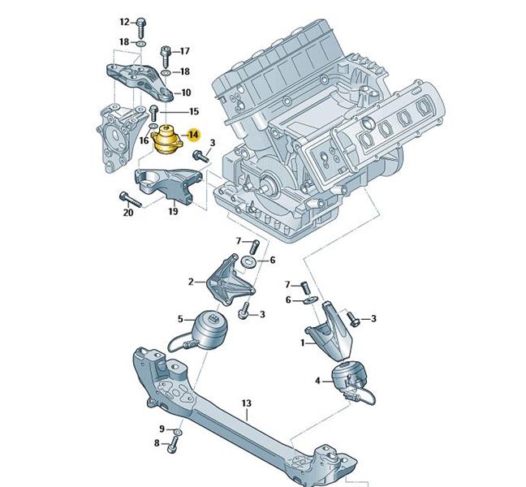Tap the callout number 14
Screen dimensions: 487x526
pos(193,134)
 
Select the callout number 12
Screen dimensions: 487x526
pos(124,22)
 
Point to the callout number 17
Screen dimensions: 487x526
pos(183,50)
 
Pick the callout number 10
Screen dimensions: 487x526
pos(186,93)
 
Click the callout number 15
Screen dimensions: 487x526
pos(193,111)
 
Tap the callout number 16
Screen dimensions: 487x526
pos(143,140)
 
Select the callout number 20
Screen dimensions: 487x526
pos(127,213)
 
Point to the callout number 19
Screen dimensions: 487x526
pos(173,212)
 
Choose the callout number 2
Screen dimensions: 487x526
pos(191,282)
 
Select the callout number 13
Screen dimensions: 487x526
pos(247,403)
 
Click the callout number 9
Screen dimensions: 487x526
pos(161,429)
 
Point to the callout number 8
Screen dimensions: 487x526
pos(157,443)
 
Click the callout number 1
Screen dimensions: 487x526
pos(303,343)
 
